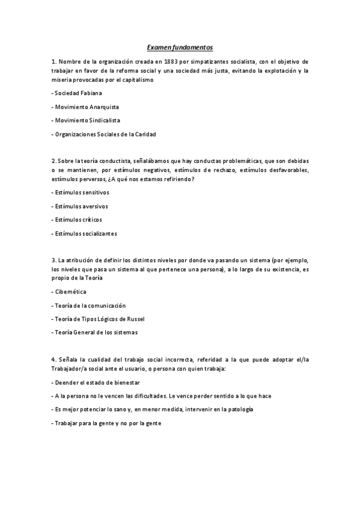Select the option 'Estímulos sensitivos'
pyautogui.click(x=83, y=192)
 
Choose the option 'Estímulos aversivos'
pyautogui.click(x=82, y=206)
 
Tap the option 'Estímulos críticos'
pyautogui.click(x=79, y=220)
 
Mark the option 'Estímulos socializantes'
pyautogui.click(x=86, y=233)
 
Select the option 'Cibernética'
pyautogui.click(x=70, y=292)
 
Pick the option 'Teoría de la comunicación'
pyautogui.click(x=90, y=306)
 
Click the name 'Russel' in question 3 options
pyautogui.click(x=136, y=319)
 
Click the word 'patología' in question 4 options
pyautogui.click(x=240, y=409)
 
